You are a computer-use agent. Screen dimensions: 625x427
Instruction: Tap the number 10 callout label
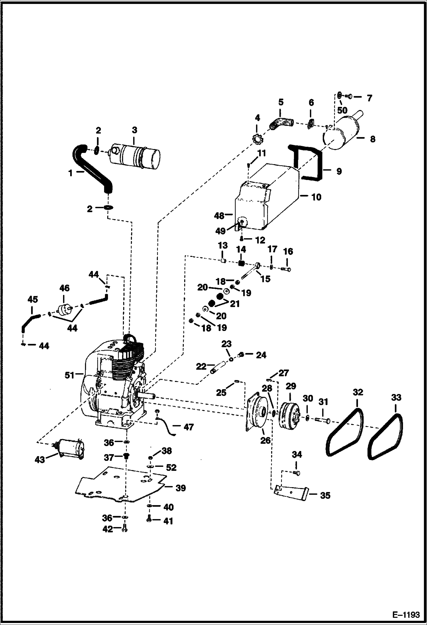pos(316,197)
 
